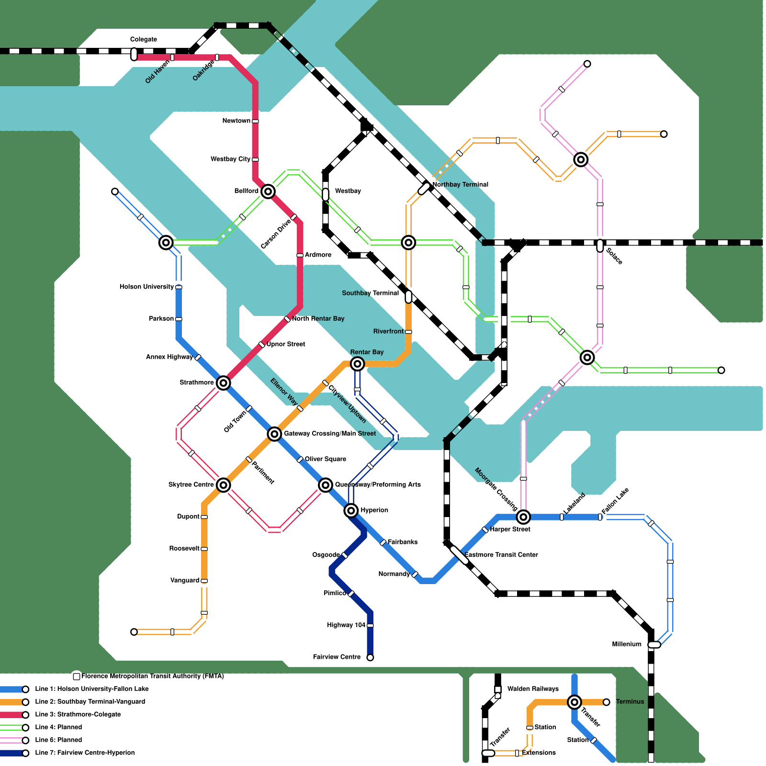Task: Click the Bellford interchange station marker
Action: point(268,191)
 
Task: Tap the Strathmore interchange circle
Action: point(223,383)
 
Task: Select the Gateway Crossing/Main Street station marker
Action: point(274,434)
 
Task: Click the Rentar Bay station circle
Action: point(357,364)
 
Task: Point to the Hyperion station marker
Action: point(351,511)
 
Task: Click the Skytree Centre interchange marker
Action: point(223,485)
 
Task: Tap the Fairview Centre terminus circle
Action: point(370,657)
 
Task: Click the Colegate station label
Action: point(144,39)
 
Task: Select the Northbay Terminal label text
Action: point(460,185)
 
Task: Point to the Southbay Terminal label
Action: point(370,293)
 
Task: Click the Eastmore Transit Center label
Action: point(501,555)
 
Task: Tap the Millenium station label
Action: point(627,644)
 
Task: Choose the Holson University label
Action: point(146,287)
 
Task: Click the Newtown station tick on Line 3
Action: point(255,121)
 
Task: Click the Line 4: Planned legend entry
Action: point(58,727)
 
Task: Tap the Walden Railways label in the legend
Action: point(533,689)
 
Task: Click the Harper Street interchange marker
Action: point(523,517)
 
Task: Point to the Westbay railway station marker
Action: point(326,194)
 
